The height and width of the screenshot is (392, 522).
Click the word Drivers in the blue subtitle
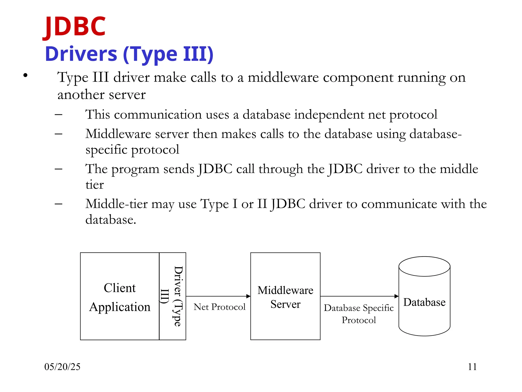pos(81,54)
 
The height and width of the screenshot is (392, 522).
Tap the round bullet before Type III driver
pos(25,75)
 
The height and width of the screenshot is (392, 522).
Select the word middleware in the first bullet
pos(283,77)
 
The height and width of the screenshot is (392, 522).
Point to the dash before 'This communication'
pos(58,115)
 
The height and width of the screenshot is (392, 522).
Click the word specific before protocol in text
pos(106,150)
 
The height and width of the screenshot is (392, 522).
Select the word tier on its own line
pos(95,185)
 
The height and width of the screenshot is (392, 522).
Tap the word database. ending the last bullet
pos(111,220)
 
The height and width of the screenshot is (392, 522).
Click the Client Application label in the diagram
pos(120,297)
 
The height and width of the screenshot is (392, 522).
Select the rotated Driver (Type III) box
pos(173,296)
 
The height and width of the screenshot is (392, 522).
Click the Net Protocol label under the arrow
pos(219,307)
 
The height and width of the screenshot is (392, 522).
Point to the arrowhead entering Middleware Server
pos(248,296)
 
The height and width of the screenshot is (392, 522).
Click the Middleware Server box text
pos(285,297)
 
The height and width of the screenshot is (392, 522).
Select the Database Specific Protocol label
pos(359,314)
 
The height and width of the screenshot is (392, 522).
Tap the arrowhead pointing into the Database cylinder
pos(396,296)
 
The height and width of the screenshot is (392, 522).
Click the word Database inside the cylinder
pos(424,302)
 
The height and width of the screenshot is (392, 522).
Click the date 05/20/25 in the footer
pos(62,367)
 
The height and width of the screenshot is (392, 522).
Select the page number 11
pos(472,367)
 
